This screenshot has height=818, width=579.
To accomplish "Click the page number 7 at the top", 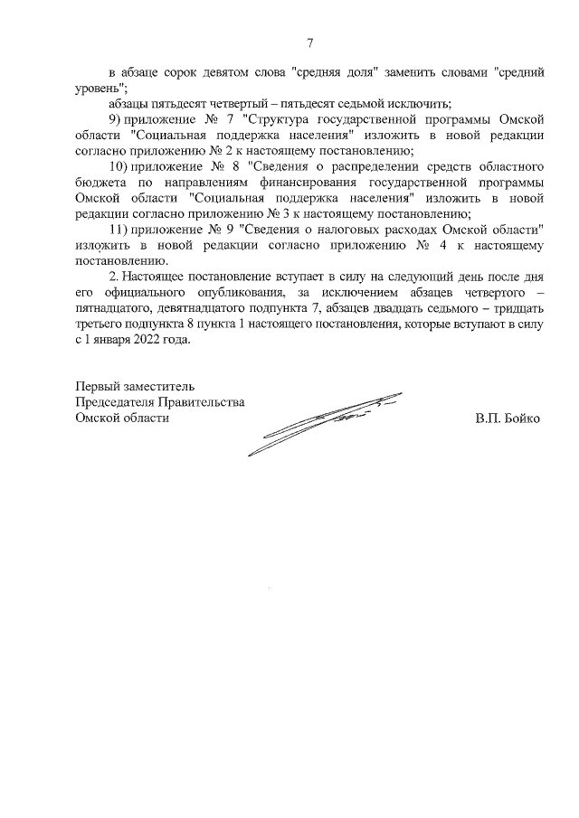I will click(310, 42).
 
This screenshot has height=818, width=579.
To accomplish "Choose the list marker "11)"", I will click(119, 230).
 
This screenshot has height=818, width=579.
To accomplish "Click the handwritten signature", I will click(326, 420).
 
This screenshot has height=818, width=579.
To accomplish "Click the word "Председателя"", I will click(117, 402).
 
